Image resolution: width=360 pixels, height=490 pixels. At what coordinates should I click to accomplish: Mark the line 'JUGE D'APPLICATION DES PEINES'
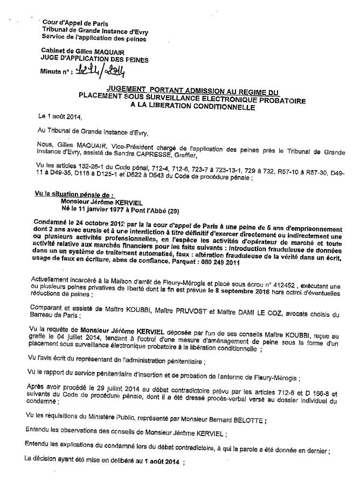95,60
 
